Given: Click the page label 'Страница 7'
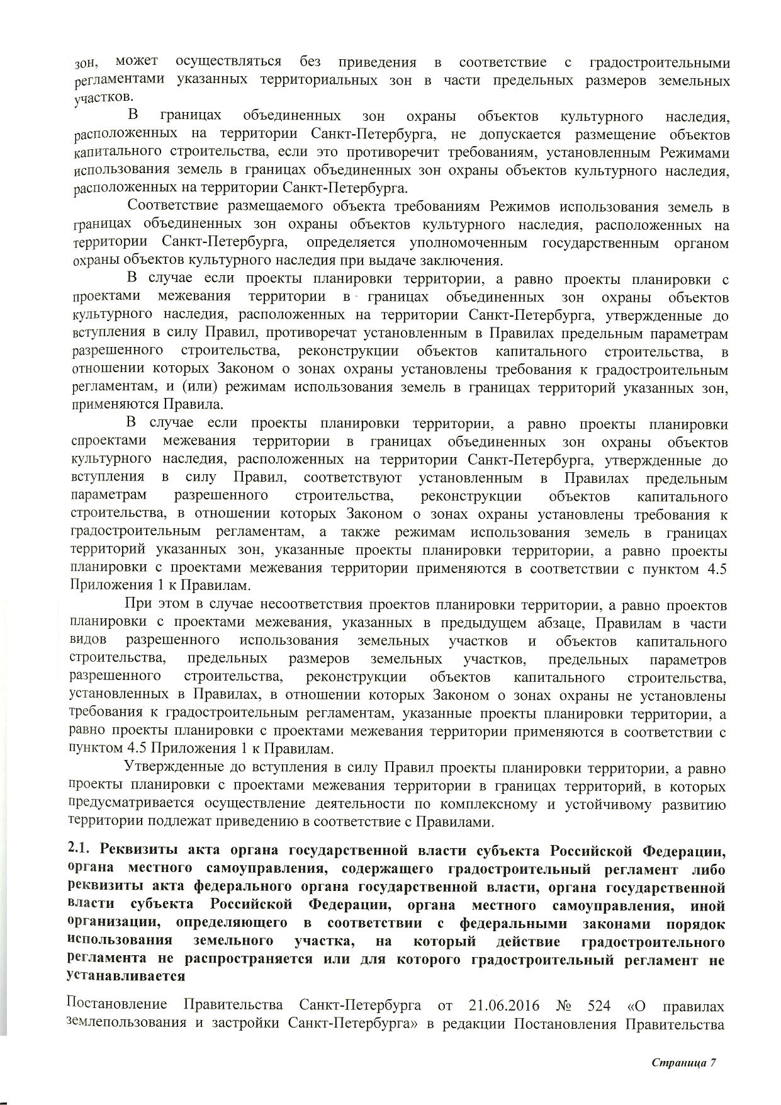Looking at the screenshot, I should tap(684, 1063).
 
